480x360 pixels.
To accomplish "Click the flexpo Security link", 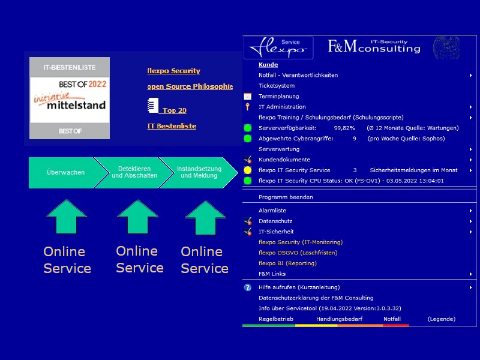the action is (x=173, y=71).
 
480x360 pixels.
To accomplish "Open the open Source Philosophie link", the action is (x=190, y=86).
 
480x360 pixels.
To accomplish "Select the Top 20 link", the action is (x=174, y=110).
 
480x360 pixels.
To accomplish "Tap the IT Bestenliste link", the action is (x=172, y=126).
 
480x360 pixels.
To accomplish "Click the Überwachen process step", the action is (x=65, y=172).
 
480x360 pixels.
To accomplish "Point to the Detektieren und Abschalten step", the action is (x=134, y=172).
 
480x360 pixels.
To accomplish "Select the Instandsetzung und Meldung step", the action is (x=199, y=172).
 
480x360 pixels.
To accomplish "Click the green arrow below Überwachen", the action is (x=67, y=217).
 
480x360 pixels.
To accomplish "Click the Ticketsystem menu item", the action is (x=277, y=86).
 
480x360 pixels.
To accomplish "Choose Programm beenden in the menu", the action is (x=286, y=197).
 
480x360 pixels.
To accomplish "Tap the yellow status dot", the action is (x=248, y=170).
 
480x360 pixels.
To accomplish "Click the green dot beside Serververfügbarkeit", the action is (x=248, y=128).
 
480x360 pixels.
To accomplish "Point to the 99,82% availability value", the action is (x=344, y=128).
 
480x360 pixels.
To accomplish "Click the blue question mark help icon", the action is (x=248, y=287).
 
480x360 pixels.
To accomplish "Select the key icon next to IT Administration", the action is (x=247, y=107).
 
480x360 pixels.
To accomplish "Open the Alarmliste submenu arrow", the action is (x=471, y=211).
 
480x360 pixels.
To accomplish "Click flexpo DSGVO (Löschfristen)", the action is (x=298, y=253).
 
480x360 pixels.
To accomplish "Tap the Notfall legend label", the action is (x=392, y=319).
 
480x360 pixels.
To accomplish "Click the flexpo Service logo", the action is (x=278, y=47).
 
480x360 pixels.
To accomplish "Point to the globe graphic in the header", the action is (x=446, y=47).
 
